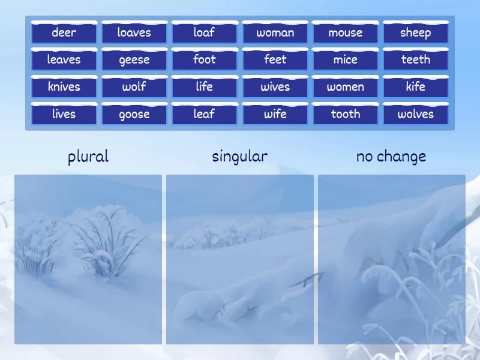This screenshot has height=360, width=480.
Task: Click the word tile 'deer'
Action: pyautogui.click(x=64, y=32)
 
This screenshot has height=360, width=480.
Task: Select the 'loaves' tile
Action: pyautogui.click(x=134, y=32)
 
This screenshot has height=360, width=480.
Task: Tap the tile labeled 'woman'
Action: pyautogui.click(x=275, y=32)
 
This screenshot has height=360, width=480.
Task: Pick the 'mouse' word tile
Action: pyautogui.click(x=345, y=32)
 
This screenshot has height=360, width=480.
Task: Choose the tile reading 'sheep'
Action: pyautogui.click(x=415, y=32)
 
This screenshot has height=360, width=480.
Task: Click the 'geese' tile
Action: pyautogui.click(x=134, y=59)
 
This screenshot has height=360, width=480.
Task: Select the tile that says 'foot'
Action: pyautogui.click(x=204, y=59)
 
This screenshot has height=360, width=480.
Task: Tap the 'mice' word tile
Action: pyautogui.click(x=345, y=59)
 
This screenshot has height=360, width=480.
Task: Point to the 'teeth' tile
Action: pyautogui.click(x=415, y=59)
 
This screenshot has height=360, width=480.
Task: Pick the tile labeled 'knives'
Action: pyautogui.click(x=64, y=86)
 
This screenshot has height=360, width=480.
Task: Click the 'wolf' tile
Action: pyautogui.click(x=134, y=86)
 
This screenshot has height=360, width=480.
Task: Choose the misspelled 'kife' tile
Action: pyautogui.click(x=415, y=86)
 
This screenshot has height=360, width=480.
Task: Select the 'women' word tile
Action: pyautogui.click(x=345, y=86)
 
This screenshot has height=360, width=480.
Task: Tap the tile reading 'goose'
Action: pyautogui.click(x=134, y=114)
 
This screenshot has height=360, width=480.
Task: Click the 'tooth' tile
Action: pyautogui.click(x=345, y=114)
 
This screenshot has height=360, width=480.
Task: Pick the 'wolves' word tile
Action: pyautogui.click(x=415, y=114)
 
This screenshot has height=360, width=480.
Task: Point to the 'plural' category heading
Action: pyautogui.click(x=88, y=157)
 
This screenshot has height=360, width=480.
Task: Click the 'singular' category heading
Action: pyautogui.click(x=240, y=157)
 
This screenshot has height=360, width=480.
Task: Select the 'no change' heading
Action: pyautogui.click(x=391, y=157)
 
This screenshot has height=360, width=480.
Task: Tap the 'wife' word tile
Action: pyautogui.click(x=275, y=114)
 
